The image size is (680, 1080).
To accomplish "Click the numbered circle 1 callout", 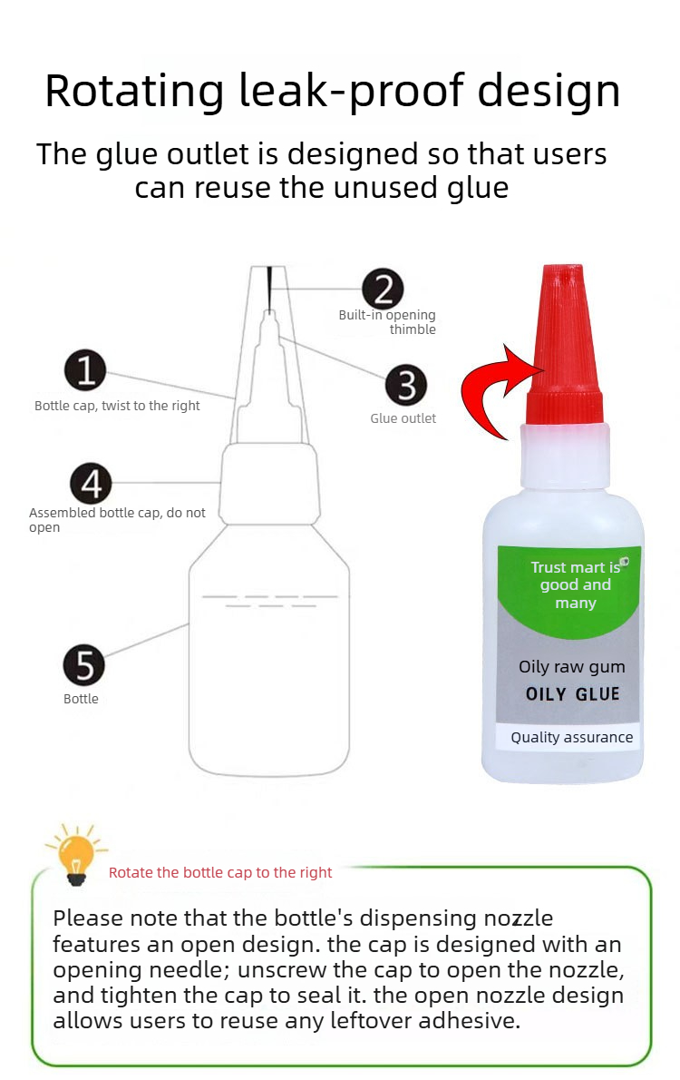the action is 85,370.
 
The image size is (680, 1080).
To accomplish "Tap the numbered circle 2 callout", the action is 383,289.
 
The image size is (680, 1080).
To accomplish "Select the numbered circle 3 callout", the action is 406,384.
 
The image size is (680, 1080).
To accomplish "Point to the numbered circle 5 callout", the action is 84,665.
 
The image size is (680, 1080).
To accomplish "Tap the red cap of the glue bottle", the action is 564,344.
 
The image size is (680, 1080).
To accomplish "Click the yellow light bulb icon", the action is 75,855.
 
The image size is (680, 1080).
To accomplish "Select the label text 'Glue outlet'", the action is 403,418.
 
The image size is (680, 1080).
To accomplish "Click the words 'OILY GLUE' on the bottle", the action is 573,693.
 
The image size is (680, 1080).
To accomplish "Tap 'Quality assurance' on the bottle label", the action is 571,737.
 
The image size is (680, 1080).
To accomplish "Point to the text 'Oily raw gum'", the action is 572,667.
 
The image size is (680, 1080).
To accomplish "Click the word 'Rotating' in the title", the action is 134,92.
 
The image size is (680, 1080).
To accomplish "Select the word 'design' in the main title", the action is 549,92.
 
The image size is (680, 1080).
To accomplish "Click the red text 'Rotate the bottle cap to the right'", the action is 220,873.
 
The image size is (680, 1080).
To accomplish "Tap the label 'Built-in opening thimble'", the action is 387,321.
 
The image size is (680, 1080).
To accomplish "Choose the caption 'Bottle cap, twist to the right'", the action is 117,406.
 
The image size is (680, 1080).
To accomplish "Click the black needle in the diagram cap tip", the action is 270,288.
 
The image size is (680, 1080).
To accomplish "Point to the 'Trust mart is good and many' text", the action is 576,584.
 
